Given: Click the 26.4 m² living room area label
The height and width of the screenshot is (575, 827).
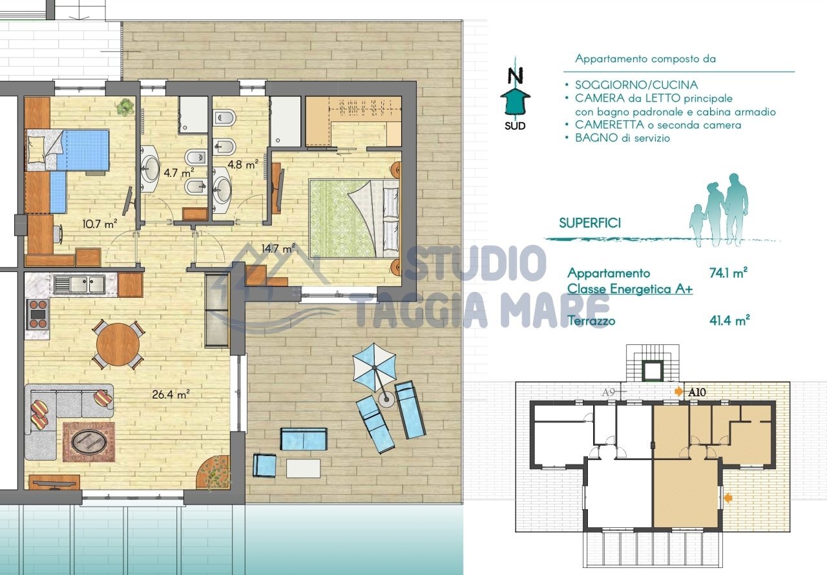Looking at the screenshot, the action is pyautogui.click(x=171, y=395).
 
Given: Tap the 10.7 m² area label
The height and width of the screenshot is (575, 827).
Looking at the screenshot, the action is pyautogui.click(x=99, y=224).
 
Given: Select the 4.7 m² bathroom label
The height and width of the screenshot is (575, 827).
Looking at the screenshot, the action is pyautogui.click(x=179, y=172).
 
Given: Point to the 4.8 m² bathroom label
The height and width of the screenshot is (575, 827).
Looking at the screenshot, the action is pyautogui.click(x=242, y=164).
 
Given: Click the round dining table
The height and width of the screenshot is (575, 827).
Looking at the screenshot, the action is pyautogui.click(x=118, y=345).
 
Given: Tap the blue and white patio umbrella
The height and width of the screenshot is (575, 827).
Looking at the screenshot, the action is pyautogui.click(x=374, y=368).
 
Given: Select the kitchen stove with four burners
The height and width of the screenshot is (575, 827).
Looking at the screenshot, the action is pyautogui.click(x=37, y=314).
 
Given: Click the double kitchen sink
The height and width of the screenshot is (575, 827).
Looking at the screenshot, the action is pyautogui.click(x=79, y=284).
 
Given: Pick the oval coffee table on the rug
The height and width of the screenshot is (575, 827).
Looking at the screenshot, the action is pyautogui.click(x=89, y=442).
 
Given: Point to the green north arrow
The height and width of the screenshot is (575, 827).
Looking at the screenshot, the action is pyautogui.click(x=515, y=101).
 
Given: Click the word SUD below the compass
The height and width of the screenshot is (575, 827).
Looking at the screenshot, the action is pyautogui.click(x=515, y=126).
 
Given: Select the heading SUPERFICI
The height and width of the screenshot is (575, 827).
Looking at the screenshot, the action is pyautogui.click(x=590, y=224).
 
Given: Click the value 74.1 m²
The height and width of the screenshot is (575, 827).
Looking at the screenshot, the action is pyautogui.click(x=728, y=273).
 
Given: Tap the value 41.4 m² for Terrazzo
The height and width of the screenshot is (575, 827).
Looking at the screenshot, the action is pyautogui.click(x=729, y=320).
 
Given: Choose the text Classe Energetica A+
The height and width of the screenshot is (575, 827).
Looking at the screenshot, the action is pyautogui.click(x=630, y=289).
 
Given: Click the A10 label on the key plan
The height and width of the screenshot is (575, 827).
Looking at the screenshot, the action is pyautogui.click(x=697, y=392).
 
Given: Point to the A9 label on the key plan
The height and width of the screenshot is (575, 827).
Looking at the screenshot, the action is pyautogui.click(x=609, y=392).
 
